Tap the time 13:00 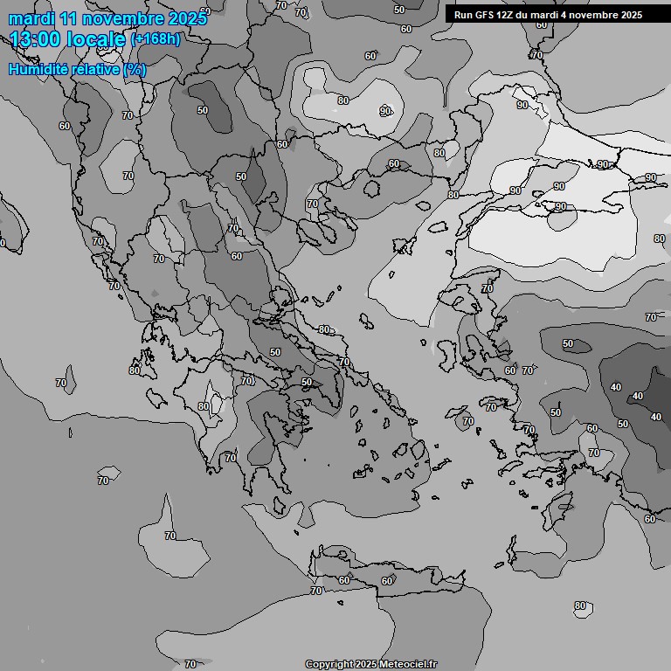pyautogui.click(x=38, y=39)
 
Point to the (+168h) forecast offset pyautogui.click(x=156, y=39)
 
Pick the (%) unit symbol pyautogui.click(x=135, y=70)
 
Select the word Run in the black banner pyautogui.click(x=463, y=14)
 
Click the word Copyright pyautogui.click(x=329, y=664)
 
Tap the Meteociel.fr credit pyautogui.click(x=408, y=664)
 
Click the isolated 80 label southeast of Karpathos pyautogui.click(x=580, y=605)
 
